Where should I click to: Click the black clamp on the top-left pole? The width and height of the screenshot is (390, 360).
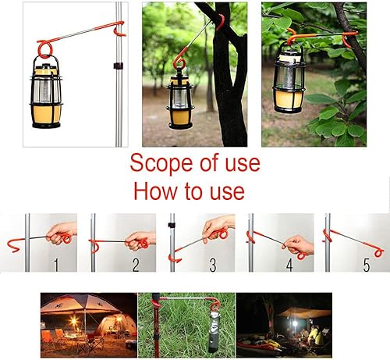[117, 65]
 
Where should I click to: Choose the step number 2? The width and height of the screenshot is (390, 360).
[136, 264]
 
